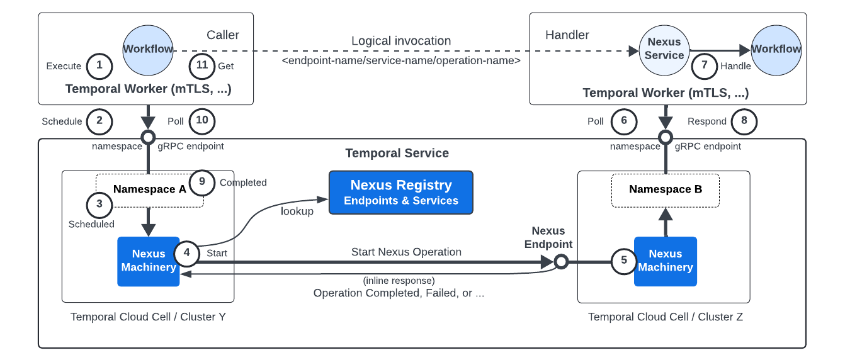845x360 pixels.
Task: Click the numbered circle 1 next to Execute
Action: tap(99, 66)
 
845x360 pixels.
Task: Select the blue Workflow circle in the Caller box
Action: tap(148, 50)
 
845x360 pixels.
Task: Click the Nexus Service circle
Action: tap(664, 49)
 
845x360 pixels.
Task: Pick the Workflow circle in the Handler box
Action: tap(776, 49)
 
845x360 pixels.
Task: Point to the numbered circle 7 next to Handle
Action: tap(705, 66)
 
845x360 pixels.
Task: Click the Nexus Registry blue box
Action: tap(401, 192)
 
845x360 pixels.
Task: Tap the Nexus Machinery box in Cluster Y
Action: tap(149, 261)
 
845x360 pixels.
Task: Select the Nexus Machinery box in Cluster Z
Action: tap(665, 261)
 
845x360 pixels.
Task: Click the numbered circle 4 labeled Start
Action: tap(187, 253)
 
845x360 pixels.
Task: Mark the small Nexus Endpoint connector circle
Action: tap(561, 261)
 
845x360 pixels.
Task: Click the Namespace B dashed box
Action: tap(666, 189)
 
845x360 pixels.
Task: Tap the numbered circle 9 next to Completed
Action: tap(202, 182)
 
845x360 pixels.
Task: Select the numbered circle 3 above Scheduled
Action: tap(99, 204)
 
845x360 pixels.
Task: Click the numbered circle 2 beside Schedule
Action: tap(99, 121)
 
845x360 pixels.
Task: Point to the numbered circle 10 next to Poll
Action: tap(202, 121)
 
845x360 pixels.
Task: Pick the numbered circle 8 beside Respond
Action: tap(744, 121)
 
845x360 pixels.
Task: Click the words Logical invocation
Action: tap(401, 41)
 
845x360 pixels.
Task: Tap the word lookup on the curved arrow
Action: tap(297, 211)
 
